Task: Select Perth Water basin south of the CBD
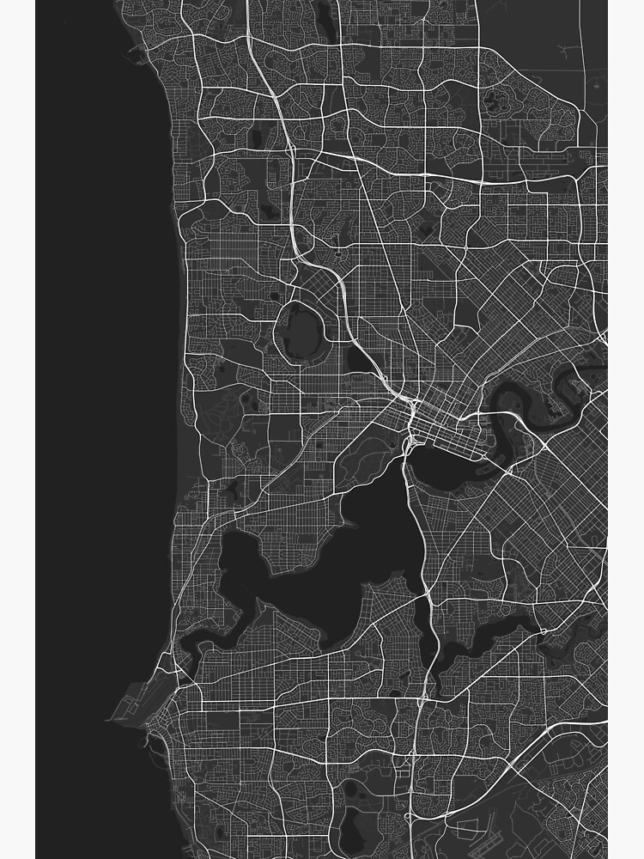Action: (447, 468)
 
